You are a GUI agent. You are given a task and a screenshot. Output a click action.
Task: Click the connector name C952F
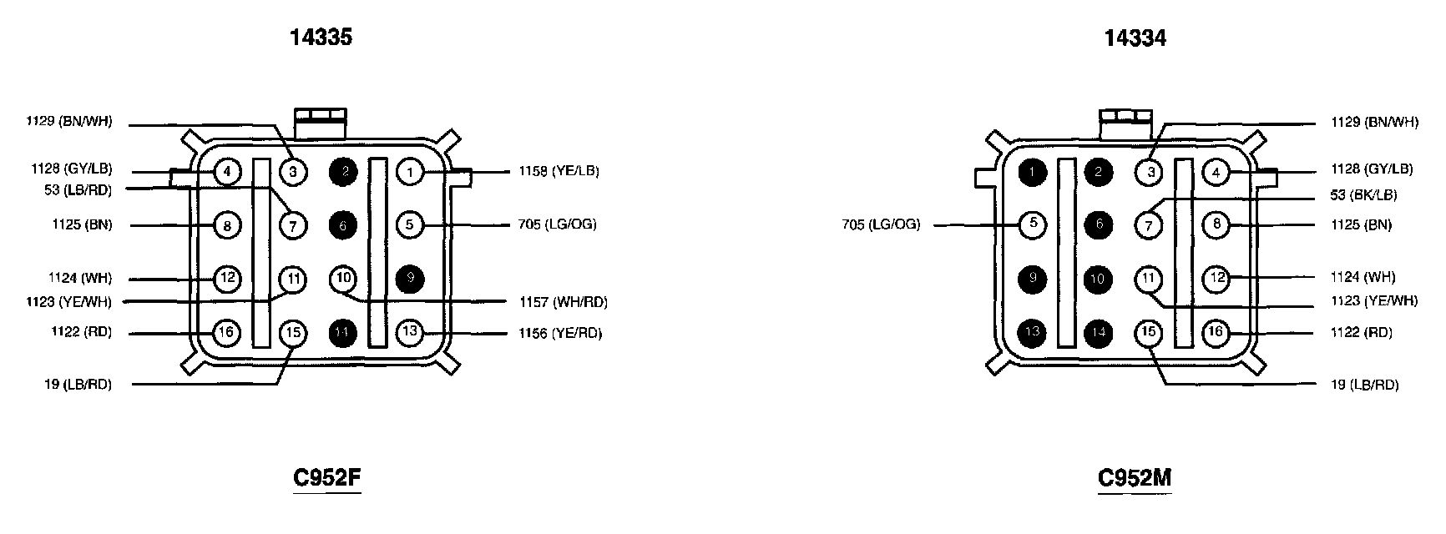tap(327, 478)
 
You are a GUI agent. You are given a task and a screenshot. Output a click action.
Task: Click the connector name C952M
tap(1135, 478)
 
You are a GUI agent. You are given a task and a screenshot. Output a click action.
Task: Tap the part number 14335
tap(321, 38)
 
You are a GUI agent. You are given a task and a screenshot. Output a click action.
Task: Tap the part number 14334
tap(1135, 38)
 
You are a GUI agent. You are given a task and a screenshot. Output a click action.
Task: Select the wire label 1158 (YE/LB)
tap(559, 171)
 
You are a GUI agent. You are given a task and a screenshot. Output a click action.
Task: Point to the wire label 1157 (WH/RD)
tap(563, 301)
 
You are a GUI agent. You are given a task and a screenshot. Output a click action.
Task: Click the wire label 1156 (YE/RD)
tap(560, 333)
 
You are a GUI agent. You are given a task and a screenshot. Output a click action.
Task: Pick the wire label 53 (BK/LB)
tap(1363, 195)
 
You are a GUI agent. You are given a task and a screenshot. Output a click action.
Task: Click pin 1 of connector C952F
tap(410, 173)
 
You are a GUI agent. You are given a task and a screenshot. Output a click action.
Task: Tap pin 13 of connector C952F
tap(410, 332)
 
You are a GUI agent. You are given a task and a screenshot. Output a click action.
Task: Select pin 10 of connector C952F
tap(343, 278)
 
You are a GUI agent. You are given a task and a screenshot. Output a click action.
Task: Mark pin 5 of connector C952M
tap(1034, 224)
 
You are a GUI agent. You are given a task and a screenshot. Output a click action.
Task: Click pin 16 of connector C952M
tap(1216, 332)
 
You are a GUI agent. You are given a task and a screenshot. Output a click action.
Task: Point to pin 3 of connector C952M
tap(1149, 173)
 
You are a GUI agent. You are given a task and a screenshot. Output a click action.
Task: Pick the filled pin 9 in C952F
tap(410, 280)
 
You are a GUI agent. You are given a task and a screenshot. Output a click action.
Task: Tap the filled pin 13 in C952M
tap(1034, 332)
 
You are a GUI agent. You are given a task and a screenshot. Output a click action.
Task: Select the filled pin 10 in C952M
tap(1099, 279)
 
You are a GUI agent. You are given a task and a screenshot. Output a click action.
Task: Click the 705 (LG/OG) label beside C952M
tap(881, 224)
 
